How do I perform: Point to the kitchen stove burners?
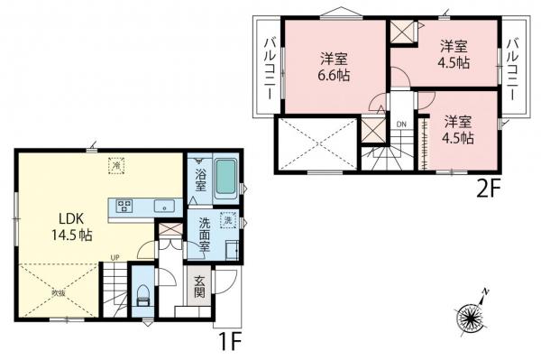[123, 204]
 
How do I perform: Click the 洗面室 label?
[199, 237]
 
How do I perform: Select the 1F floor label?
[231, 344]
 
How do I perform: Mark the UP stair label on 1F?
[115, 257]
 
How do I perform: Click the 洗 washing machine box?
[228, 221]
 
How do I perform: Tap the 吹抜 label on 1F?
[57, 292]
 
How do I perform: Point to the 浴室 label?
[199, 178]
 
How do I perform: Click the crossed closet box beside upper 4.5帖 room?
[400, 30]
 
